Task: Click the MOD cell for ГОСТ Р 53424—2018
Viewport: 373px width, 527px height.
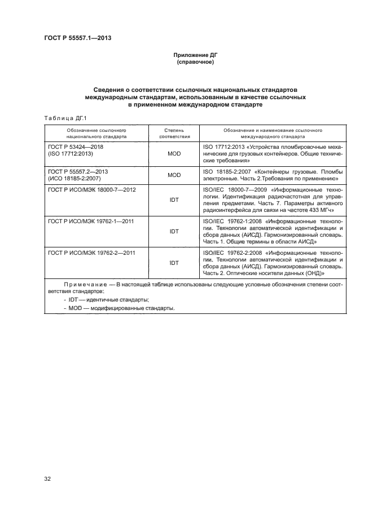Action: click(x=174, y=153)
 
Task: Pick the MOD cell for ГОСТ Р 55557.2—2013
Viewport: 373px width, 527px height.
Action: click(x=174, y=175)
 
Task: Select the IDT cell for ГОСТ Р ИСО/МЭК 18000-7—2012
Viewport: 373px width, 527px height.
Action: click(x=174, y=200)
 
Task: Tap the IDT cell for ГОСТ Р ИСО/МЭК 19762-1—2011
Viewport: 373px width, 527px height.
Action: click(x=174, y=231)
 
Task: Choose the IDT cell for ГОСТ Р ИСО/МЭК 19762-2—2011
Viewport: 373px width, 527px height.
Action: click(x=174, y=262)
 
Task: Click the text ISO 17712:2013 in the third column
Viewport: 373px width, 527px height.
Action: click(x=222, y=147)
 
